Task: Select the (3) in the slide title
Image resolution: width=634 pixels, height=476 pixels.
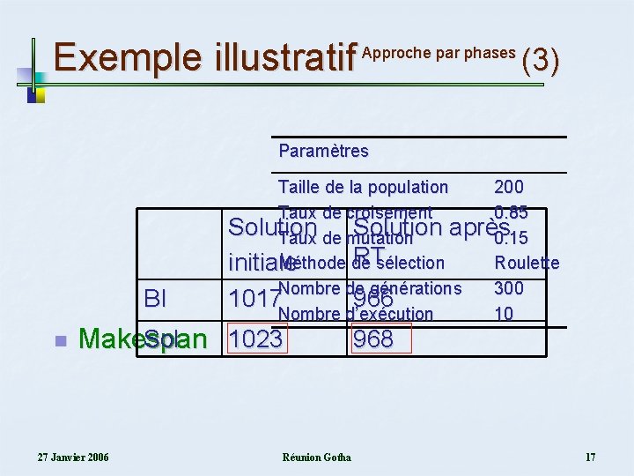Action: (x=541, y=60)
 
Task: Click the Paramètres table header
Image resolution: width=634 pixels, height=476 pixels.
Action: (x=323, y=151)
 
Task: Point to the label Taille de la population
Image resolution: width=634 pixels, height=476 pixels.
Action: (x=363, y=187)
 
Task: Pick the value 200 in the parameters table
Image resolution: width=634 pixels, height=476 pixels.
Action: (x=509, y=187)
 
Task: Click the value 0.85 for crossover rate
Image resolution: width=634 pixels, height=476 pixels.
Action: (x=511, y=212)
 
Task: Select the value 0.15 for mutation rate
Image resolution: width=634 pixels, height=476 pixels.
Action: (x=511, y=238)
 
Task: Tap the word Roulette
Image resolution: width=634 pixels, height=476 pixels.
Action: (x=527, y=263)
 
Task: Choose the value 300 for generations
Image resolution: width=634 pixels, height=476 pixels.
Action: (x=509, y=288)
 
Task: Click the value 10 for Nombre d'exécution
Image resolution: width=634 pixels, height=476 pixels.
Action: (x=504, y=314)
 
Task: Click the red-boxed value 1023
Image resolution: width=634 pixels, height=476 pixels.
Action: (x=256, y=339)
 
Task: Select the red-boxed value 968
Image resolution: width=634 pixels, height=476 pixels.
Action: (x=372, y=339)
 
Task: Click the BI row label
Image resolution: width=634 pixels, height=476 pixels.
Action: (x=154, y=299)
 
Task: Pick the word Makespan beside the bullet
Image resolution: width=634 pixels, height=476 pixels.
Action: (x=142, y=339)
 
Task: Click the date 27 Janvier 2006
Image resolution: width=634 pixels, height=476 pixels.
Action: (x=73, y=457)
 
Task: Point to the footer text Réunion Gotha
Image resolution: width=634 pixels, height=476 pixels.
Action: (x=316, y=457)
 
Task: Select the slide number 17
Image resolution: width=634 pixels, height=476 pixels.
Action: (x=590, y=457)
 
